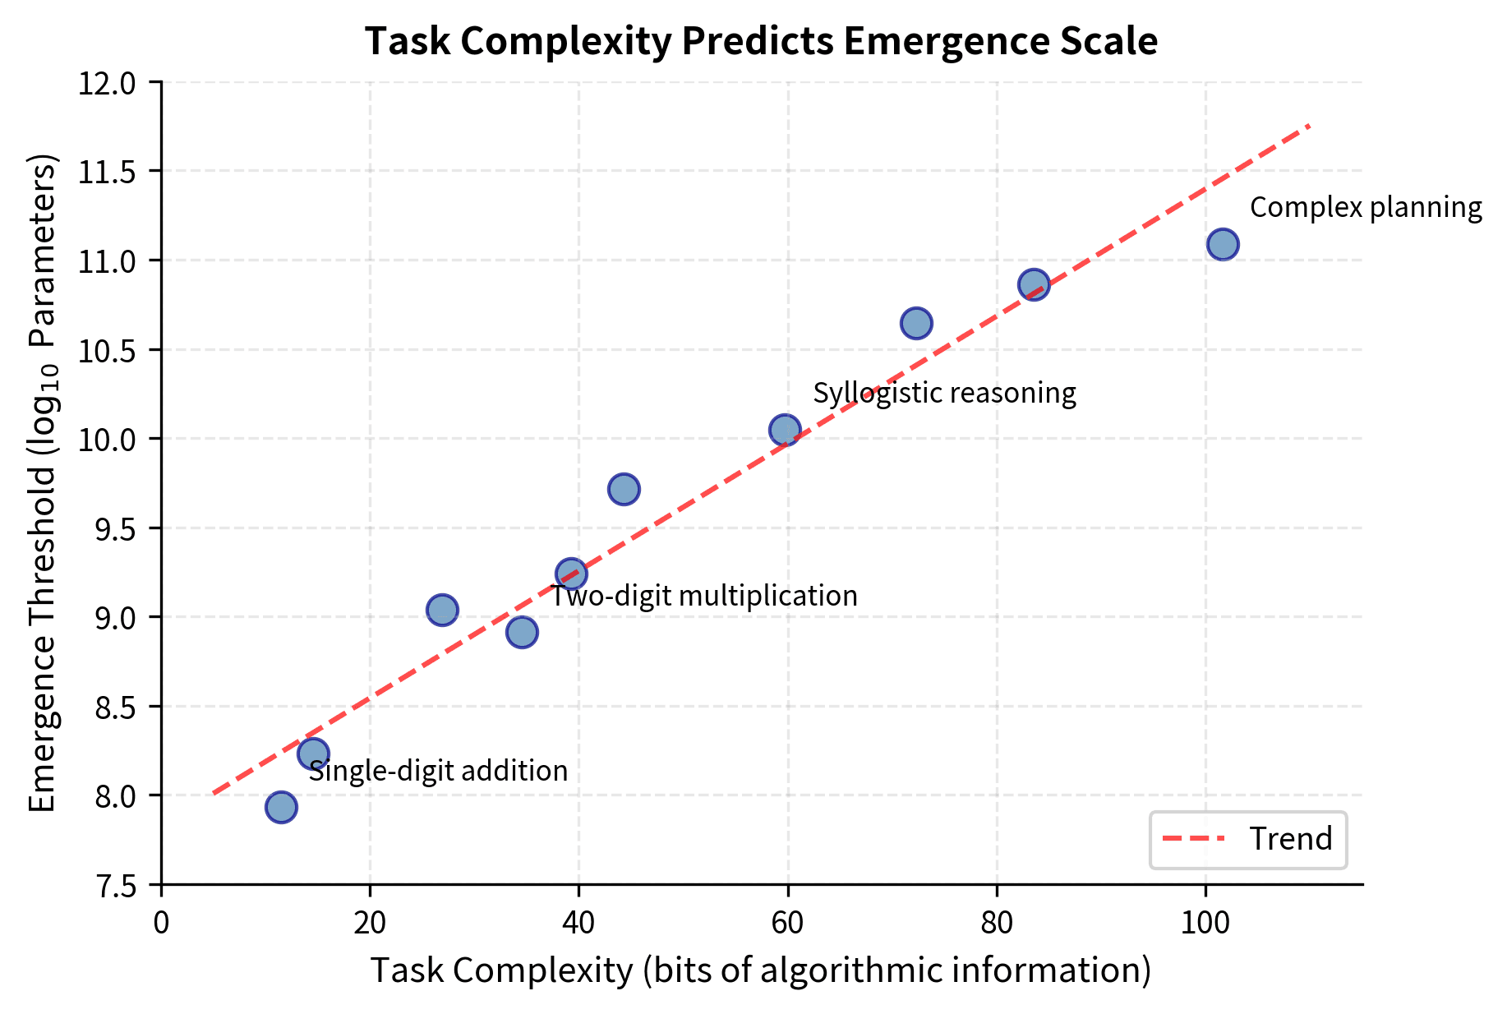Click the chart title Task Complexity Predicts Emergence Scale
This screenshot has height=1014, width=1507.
[761, 41]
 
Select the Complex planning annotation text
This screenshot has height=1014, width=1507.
[1366, 207]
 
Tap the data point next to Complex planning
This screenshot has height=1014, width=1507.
[1223, 244]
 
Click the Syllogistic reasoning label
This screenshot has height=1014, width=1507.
[944, 393]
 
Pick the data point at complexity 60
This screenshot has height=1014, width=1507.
[785, 429]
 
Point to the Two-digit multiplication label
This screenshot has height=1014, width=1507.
[703, 596]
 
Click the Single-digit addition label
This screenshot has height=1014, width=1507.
[438, 771]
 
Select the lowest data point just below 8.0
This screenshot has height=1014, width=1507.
[281, 807]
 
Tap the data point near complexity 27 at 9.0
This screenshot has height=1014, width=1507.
[442, 610]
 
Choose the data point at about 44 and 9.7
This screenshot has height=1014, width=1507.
[624, 489]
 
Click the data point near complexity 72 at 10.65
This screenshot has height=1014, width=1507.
[916, 323]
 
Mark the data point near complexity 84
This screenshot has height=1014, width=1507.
[1034, 284]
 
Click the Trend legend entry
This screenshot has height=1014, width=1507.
[1289, 839]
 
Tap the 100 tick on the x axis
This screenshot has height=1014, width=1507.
[1205, 923]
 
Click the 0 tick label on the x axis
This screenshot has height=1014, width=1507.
[161, 923]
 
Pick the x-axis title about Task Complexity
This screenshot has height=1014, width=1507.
[761, 970]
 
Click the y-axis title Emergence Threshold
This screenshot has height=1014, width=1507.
[43, 483]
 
